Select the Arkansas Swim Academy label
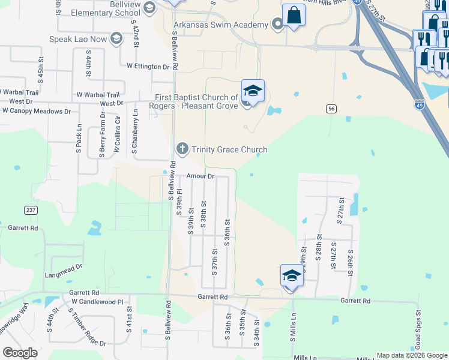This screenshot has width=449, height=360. coord(220,25)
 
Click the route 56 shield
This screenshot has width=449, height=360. coord(331,109)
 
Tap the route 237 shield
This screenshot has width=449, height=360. coord(30,210)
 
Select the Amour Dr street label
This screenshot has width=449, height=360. coord(200,176)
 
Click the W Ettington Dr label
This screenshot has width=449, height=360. coord(148,67)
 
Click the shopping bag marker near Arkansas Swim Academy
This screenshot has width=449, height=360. coord(294,15)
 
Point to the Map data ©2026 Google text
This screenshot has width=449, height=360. coord(411,355)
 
